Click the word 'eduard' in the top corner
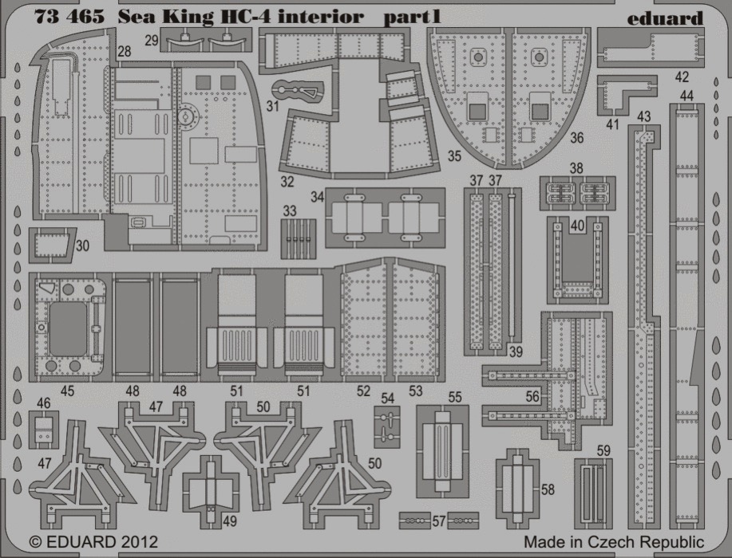pyautogui.click(x=665, y=18)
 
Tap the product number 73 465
pyautogui.click(x=69, y=17)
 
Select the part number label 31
pyautogui.click(x=273, y=106)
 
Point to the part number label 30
pyautogui.click(x=82, y=246)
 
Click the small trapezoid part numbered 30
pyautogui.click(x=51, y=244)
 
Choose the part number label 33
pyautogui.click(x=290, y=210)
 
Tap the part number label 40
pyautogui.click(x=577, y=226)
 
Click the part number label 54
pyautogui.click(x=387, y=398)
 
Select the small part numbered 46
pyautogui.click(x=44, y=430)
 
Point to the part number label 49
pyautogui.click(x=230, y=521)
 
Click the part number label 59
pyautogui.click(x=603, y=450)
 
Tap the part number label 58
pyautogui.click(x=548, y=489)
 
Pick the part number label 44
pyautogui.click(x=686, y=96)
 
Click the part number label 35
pyautogui.click(x=454, y=156)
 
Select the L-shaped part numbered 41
pyautogui.click(x=621, y=94)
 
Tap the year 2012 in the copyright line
pyautogui.click(x=138, y=542)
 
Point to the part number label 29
pyautogui.click(x=151, y=41)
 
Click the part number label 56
pyautogui.click(x=532, y=396)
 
